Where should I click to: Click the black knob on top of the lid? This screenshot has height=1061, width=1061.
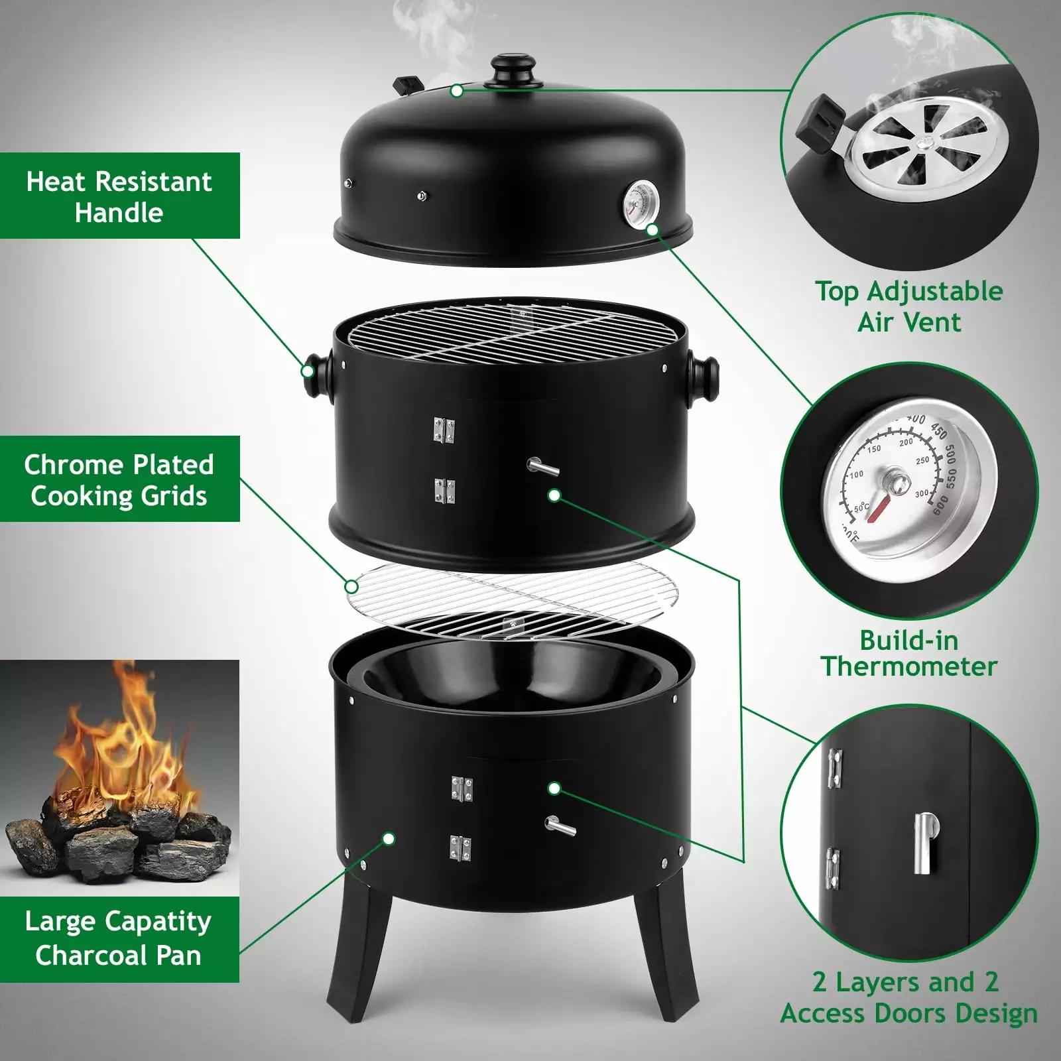[513, 72]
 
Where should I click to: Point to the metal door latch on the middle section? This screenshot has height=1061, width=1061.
[543, 468]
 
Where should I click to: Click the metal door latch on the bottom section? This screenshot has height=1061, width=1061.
[560, 826]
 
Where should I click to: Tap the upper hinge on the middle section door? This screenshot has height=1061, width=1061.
[444, 430]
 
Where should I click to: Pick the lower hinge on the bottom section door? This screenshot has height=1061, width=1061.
[460, 848]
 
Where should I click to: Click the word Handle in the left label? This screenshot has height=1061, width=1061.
[119, 213]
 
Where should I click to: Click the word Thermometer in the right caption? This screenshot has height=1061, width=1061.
[909, 666]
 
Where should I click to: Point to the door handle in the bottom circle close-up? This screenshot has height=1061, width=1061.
[924, 843]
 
